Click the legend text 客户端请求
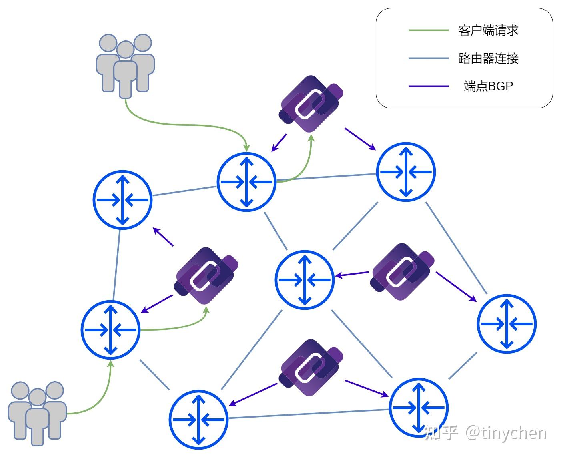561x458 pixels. (x=488, y=30)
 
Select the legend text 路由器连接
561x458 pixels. (x=488, y=58)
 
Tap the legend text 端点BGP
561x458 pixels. (x=488, y=86)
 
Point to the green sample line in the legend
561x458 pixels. (x=429, y=30)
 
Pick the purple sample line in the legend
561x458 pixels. (x=429, y=86)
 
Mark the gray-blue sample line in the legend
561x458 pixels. (x=429, y=58)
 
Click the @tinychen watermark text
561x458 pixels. (x=506, y=433)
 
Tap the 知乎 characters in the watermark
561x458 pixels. (x=441, y=433)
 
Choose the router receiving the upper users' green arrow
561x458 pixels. (x=246, y=182)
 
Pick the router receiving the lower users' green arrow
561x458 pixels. (x=111, y=330)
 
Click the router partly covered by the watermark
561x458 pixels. (x=419, y=408)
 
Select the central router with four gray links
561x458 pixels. (x=305, y=280)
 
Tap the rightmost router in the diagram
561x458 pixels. (x=507, y=324)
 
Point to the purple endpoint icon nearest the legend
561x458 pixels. (x=311, y=104)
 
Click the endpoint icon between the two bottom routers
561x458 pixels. (x=311, y=367)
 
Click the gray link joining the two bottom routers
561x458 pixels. (x=308, y=414)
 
